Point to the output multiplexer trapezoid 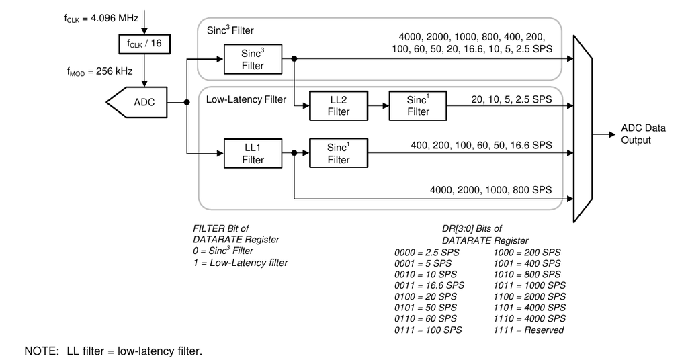pos(583,129)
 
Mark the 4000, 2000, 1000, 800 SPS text pos(492,189)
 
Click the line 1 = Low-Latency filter pos(240,262)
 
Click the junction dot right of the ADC pos(186,103)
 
